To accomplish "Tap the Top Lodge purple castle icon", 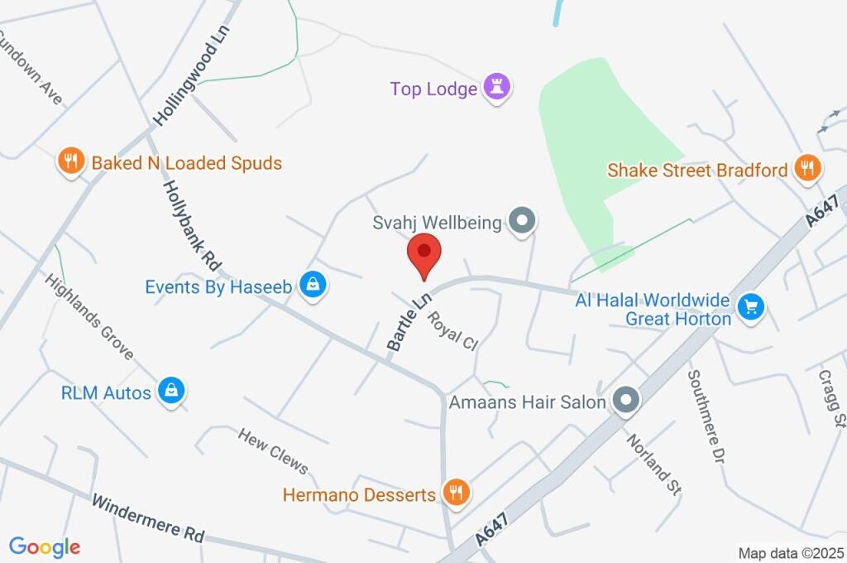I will click(x=496, y=86).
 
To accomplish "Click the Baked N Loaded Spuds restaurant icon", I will click(x=71, y=161).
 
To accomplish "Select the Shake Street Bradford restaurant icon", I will click(x=806, y=169).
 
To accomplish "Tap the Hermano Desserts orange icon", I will click(x=455, y=493).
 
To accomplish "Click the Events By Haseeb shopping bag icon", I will click(x=313, y=286).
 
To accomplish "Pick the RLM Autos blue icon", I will click(x=171, y=391).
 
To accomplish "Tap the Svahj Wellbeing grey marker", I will click(x=521, y=222).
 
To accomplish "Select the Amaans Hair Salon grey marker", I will click(x=626, y=402).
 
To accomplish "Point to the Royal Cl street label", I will click(x=453, y=330).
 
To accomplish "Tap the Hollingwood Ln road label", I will click(x=191, y=75).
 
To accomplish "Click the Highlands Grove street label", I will click(x=89, y=316).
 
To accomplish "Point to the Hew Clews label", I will click(x=273, y=452).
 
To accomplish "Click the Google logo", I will click(x=45, y=546).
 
